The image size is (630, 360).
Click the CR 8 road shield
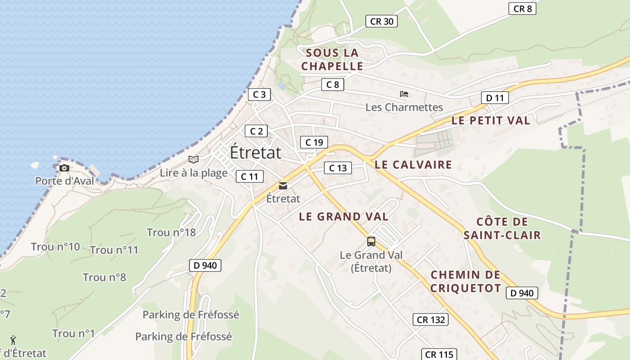coord(522,9)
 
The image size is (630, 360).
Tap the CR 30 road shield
coord(382,21)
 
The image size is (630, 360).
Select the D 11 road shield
coord(495,98)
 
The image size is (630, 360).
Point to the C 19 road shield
coord(314,142)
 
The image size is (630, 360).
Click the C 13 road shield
coord(337,168)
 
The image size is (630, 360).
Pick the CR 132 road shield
coord(431,319)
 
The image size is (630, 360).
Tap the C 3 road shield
coord(259,94)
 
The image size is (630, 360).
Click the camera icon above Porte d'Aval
coord(64,168)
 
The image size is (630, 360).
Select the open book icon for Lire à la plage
coord(193,159)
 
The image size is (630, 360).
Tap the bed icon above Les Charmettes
coord(404,94)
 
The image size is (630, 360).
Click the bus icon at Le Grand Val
coord(371,242)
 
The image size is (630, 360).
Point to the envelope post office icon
coord(283,185)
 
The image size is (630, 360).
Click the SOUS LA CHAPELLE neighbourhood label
coord(332,59)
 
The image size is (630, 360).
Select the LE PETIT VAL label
coord(490,121)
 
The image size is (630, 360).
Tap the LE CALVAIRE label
coord(413,165)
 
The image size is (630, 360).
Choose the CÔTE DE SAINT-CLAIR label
coord(502,228)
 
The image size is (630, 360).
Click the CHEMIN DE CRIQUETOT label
coord(465,281)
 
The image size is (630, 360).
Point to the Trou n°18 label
coord(171,232)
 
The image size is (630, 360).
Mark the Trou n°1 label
coord(73,333)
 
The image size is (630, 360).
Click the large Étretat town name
coord(256,153)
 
